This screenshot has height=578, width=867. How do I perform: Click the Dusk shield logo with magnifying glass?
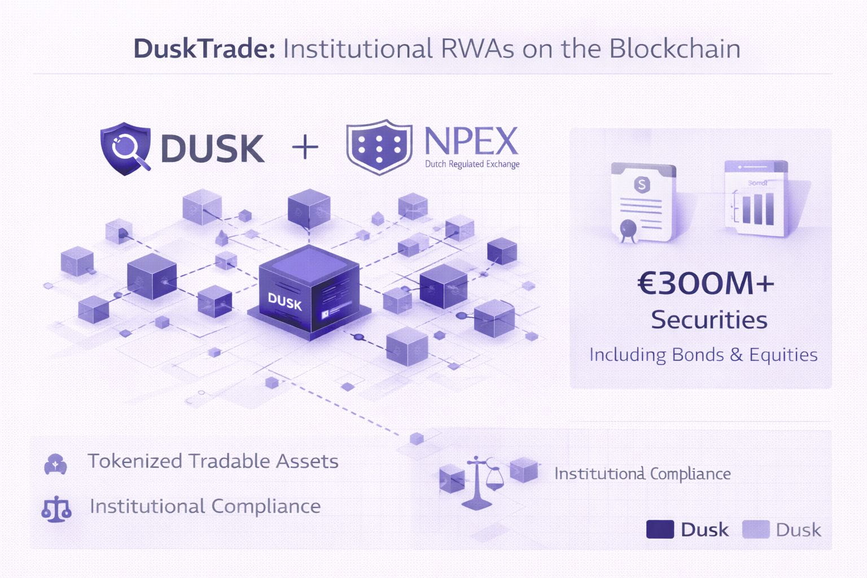click(126, 148)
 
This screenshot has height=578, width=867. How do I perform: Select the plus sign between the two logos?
click(305, 148)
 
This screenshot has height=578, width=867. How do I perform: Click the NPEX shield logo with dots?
click(379, 147)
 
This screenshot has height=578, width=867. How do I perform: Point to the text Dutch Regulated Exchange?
click(472, 164)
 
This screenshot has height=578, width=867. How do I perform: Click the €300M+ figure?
click(706, 283)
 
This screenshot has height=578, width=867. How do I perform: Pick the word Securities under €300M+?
click(709, 320)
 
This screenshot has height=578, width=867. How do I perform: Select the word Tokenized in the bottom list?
click(134, 461)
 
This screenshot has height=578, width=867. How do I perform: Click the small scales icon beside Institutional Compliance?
click(56, 509)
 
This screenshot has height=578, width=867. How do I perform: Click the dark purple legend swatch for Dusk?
click(660, 529)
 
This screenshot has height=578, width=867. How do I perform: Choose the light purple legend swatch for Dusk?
click(756, 529)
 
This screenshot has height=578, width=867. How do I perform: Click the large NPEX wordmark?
click(471, 141)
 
